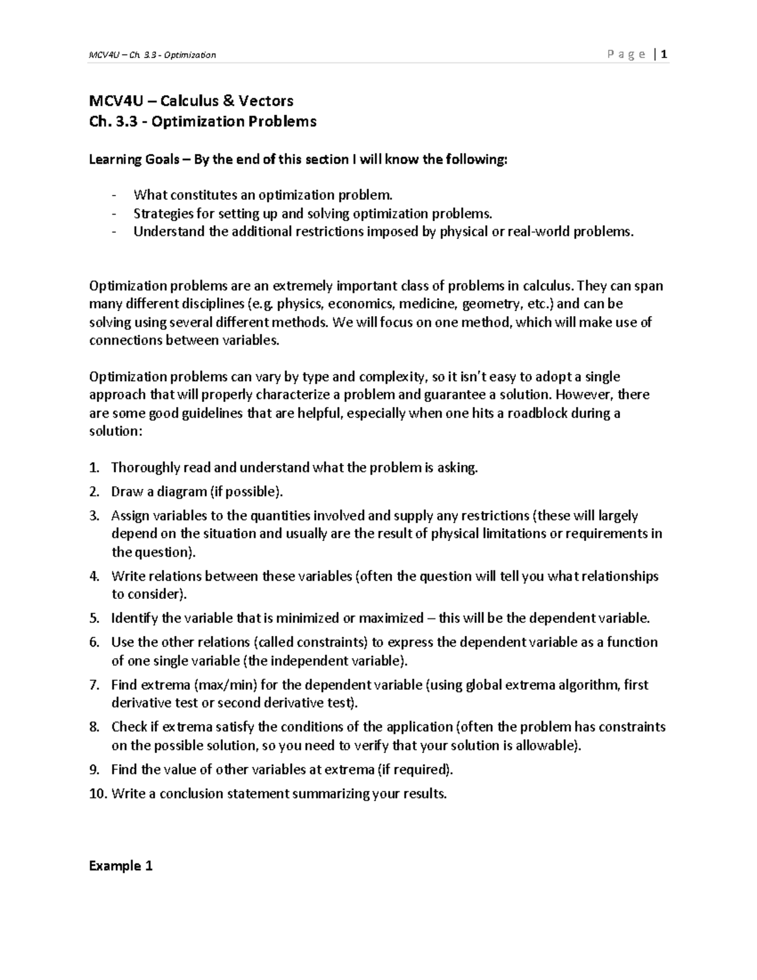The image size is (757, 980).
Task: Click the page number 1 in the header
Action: click(664, 54)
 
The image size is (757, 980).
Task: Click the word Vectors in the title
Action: click(266, 100)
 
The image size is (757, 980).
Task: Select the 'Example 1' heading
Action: click(121, 865)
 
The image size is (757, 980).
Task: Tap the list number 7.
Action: click(95, 685)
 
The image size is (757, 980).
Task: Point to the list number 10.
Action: click(98, 793)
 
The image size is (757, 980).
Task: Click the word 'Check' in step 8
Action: click(129, 727)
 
